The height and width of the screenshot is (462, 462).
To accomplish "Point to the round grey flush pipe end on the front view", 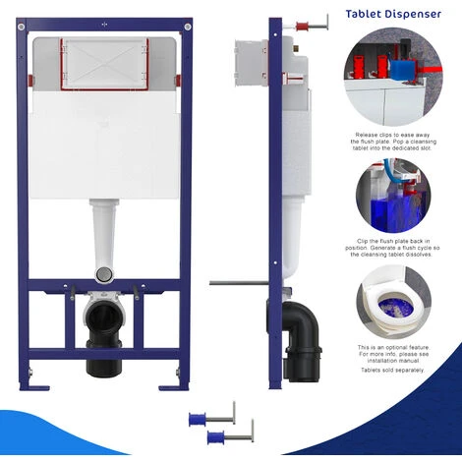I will pyautogui.click(x=103, y=271).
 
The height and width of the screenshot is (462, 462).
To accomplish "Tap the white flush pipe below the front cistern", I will pyautogui.click(x=103, y=236).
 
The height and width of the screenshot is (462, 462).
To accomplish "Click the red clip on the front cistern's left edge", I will pyautogui.click(x=29, y=82).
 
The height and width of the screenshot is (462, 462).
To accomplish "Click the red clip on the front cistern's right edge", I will pyautogui.click(x=178, y=81).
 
